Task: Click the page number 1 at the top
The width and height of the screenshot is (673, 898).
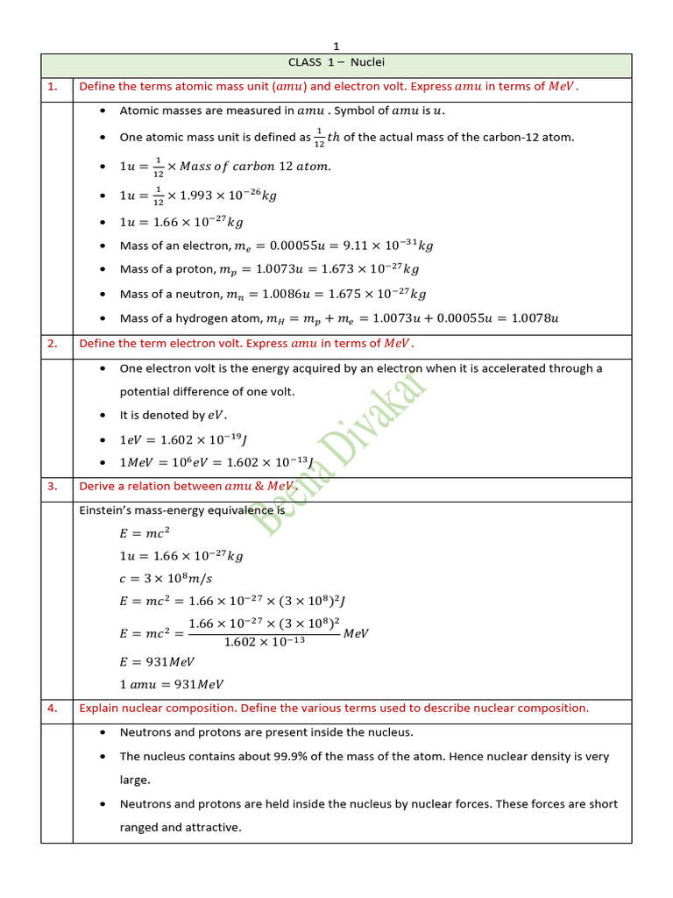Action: (336, 46)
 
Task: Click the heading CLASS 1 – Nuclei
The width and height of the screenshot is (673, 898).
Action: (336, 62)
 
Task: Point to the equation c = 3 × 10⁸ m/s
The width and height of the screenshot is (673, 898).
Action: (166, 578)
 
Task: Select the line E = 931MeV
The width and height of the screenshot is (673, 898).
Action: (157, 662)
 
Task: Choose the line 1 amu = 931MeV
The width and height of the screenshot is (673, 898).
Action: (172, 684)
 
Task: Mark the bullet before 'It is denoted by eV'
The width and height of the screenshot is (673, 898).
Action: (103, 416)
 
